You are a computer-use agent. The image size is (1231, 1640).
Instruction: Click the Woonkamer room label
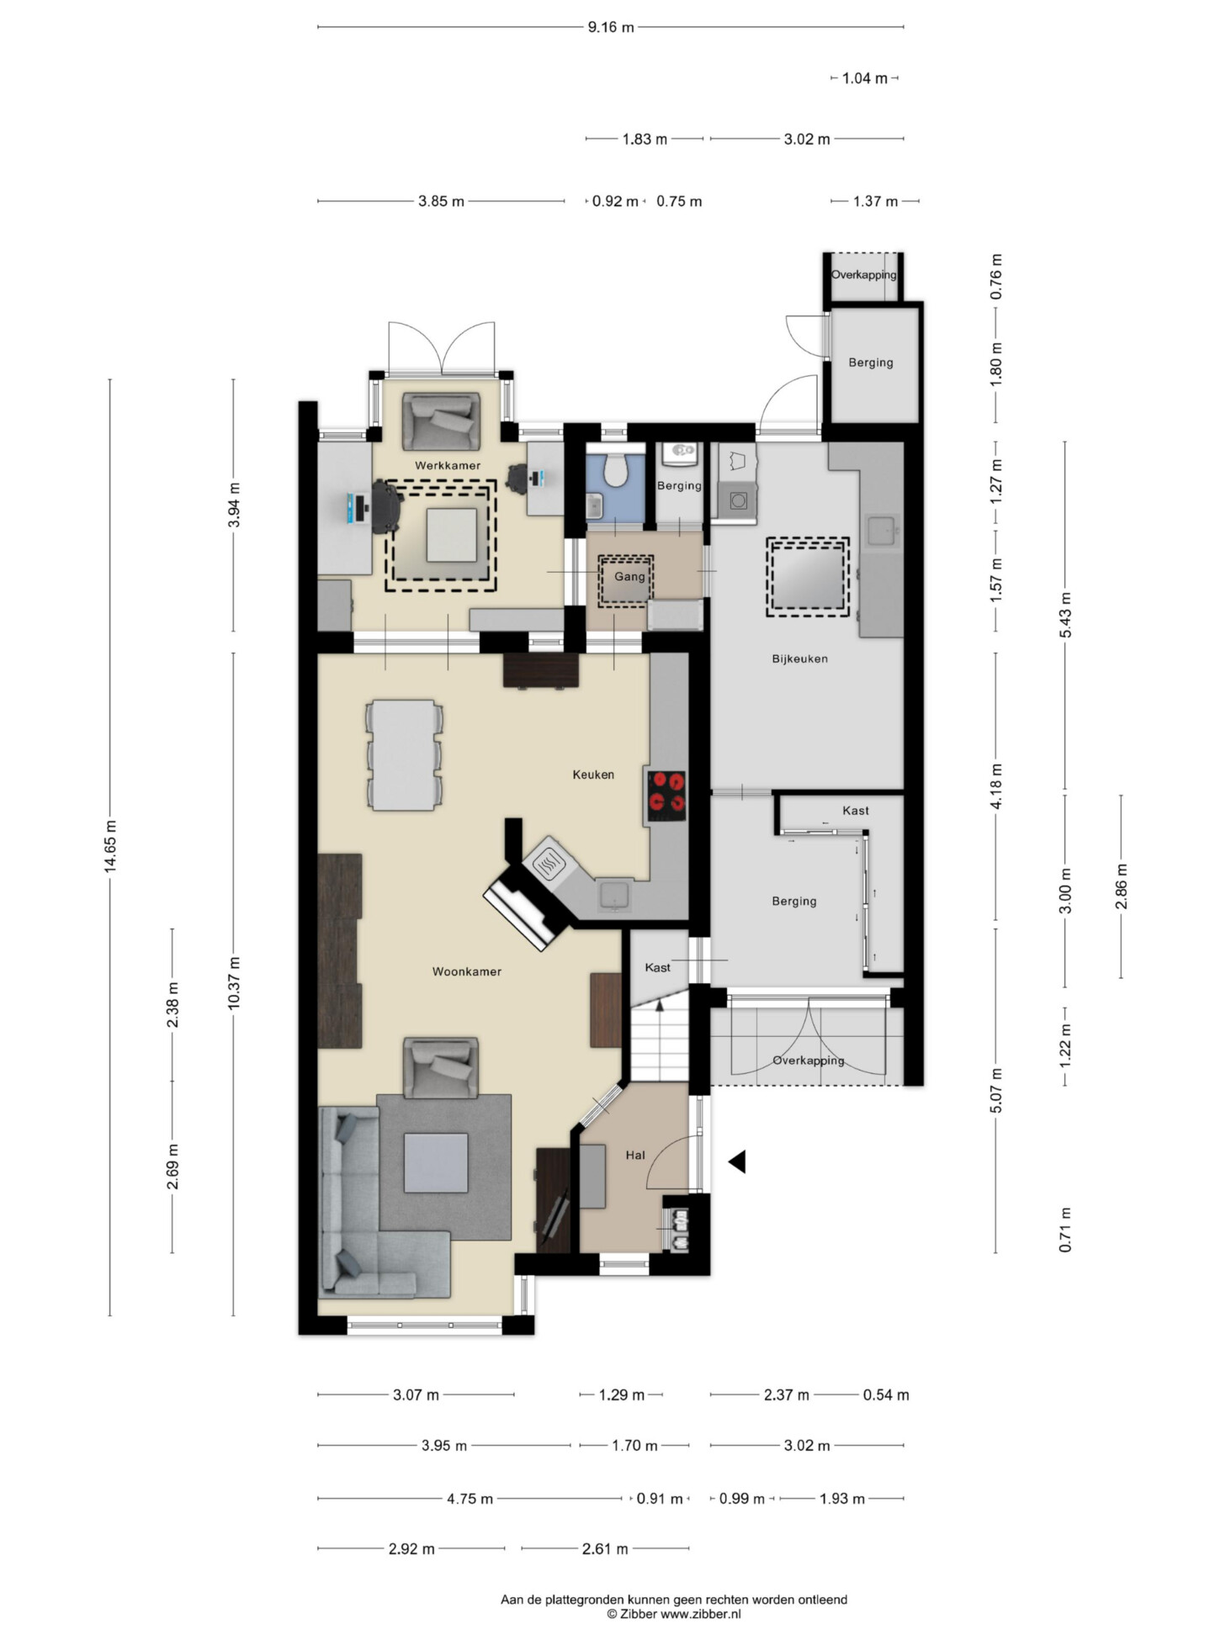(466, 971)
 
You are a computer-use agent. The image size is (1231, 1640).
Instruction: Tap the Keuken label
(593, 775)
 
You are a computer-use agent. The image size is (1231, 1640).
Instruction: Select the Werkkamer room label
(448, 465)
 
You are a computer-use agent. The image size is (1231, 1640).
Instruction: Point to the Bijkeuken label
(799, 659)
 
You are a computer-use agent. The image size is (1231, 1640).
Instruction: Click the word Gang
(629, 576)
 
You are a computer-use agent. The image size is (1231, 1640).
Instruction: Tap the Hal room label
(635, 1155)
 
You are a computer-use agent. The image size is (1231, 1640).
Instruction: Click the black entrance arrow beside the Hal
(737, 1162)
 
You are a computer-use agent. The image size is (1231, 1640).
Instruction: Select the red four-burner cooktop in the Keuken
(666, 796)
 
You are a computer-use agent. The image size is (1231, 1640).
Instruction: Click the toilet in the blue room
(616, 469)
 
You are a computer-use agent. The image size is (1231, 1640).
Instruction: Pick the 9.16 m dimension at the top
(611, 27)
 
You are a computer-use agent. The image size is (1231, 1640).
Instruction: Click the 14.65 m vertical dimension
(110, 847)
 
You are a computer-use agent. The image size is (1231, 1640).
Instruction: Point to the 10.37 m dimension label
(234, 983)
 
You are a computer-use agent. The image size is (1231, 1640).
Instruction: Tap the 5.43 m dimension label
(1065, 615)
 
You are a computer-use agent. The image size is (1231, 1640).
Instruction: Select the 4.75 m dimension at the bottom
(470, 1498)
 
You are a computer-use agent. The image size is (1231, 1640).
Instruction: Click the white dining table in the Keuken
(404, 754)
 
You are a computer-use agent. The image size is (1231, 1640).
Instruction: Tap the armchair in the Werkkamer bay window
(440, 421)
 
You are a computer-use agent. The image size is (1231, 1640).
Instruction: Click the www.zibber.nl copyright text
(674, 1613)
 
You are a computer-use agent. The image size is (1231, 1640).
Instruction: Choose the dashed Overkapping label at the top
(864, 275)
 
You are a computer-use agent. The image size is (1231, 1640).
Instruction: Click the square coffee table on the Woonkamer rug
(436, 1162)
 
